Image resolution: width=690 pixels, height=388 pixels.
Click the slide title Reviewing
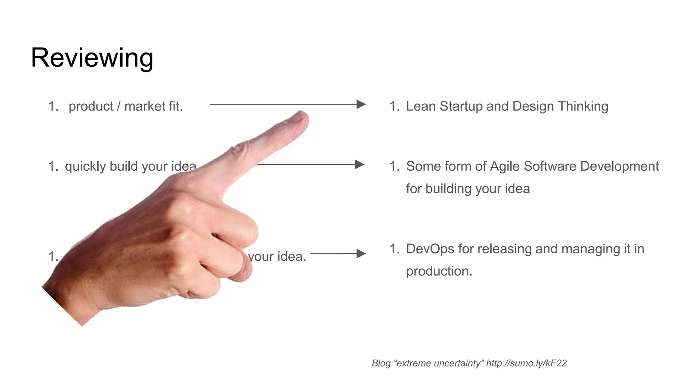92,58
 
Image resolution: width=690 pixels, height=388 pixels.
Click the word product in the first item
91,106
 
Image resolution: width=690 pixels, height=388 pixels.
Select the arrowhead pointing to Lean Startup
361,104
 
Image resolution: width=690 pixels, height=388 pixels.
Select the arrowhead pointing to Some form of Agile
360,165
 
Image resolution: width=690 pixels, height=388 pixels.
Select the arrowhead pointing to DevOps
361,254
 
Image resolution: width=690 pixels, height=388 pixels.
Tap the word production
439,271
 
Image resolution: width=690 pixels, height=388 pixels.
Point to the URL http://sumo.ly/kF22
526,363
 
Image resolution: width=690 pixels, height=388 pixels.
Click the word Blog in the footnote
381,363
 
